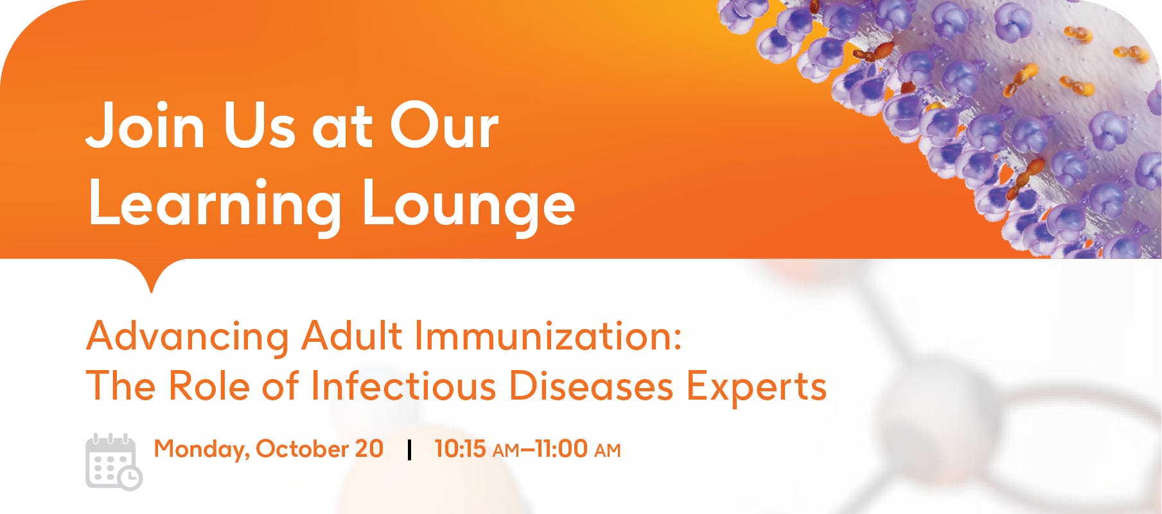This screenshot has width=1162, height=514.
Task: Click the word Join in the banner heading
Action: click(146, 125)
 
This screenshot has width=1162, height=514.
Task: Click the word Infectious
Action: click(403, 386)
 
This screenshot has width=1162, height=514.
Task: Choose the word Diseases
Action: click(591, 386)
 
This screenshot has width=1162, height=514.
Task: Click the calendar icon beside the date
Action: click(114, 462)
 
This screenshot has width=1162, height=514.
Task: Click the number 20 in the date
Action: click(369, 448)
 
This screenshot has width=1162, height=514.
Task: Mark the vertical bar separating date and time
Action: click(409, 450)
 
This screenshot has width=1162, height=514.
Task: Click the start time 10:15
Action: click(460, 448)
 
